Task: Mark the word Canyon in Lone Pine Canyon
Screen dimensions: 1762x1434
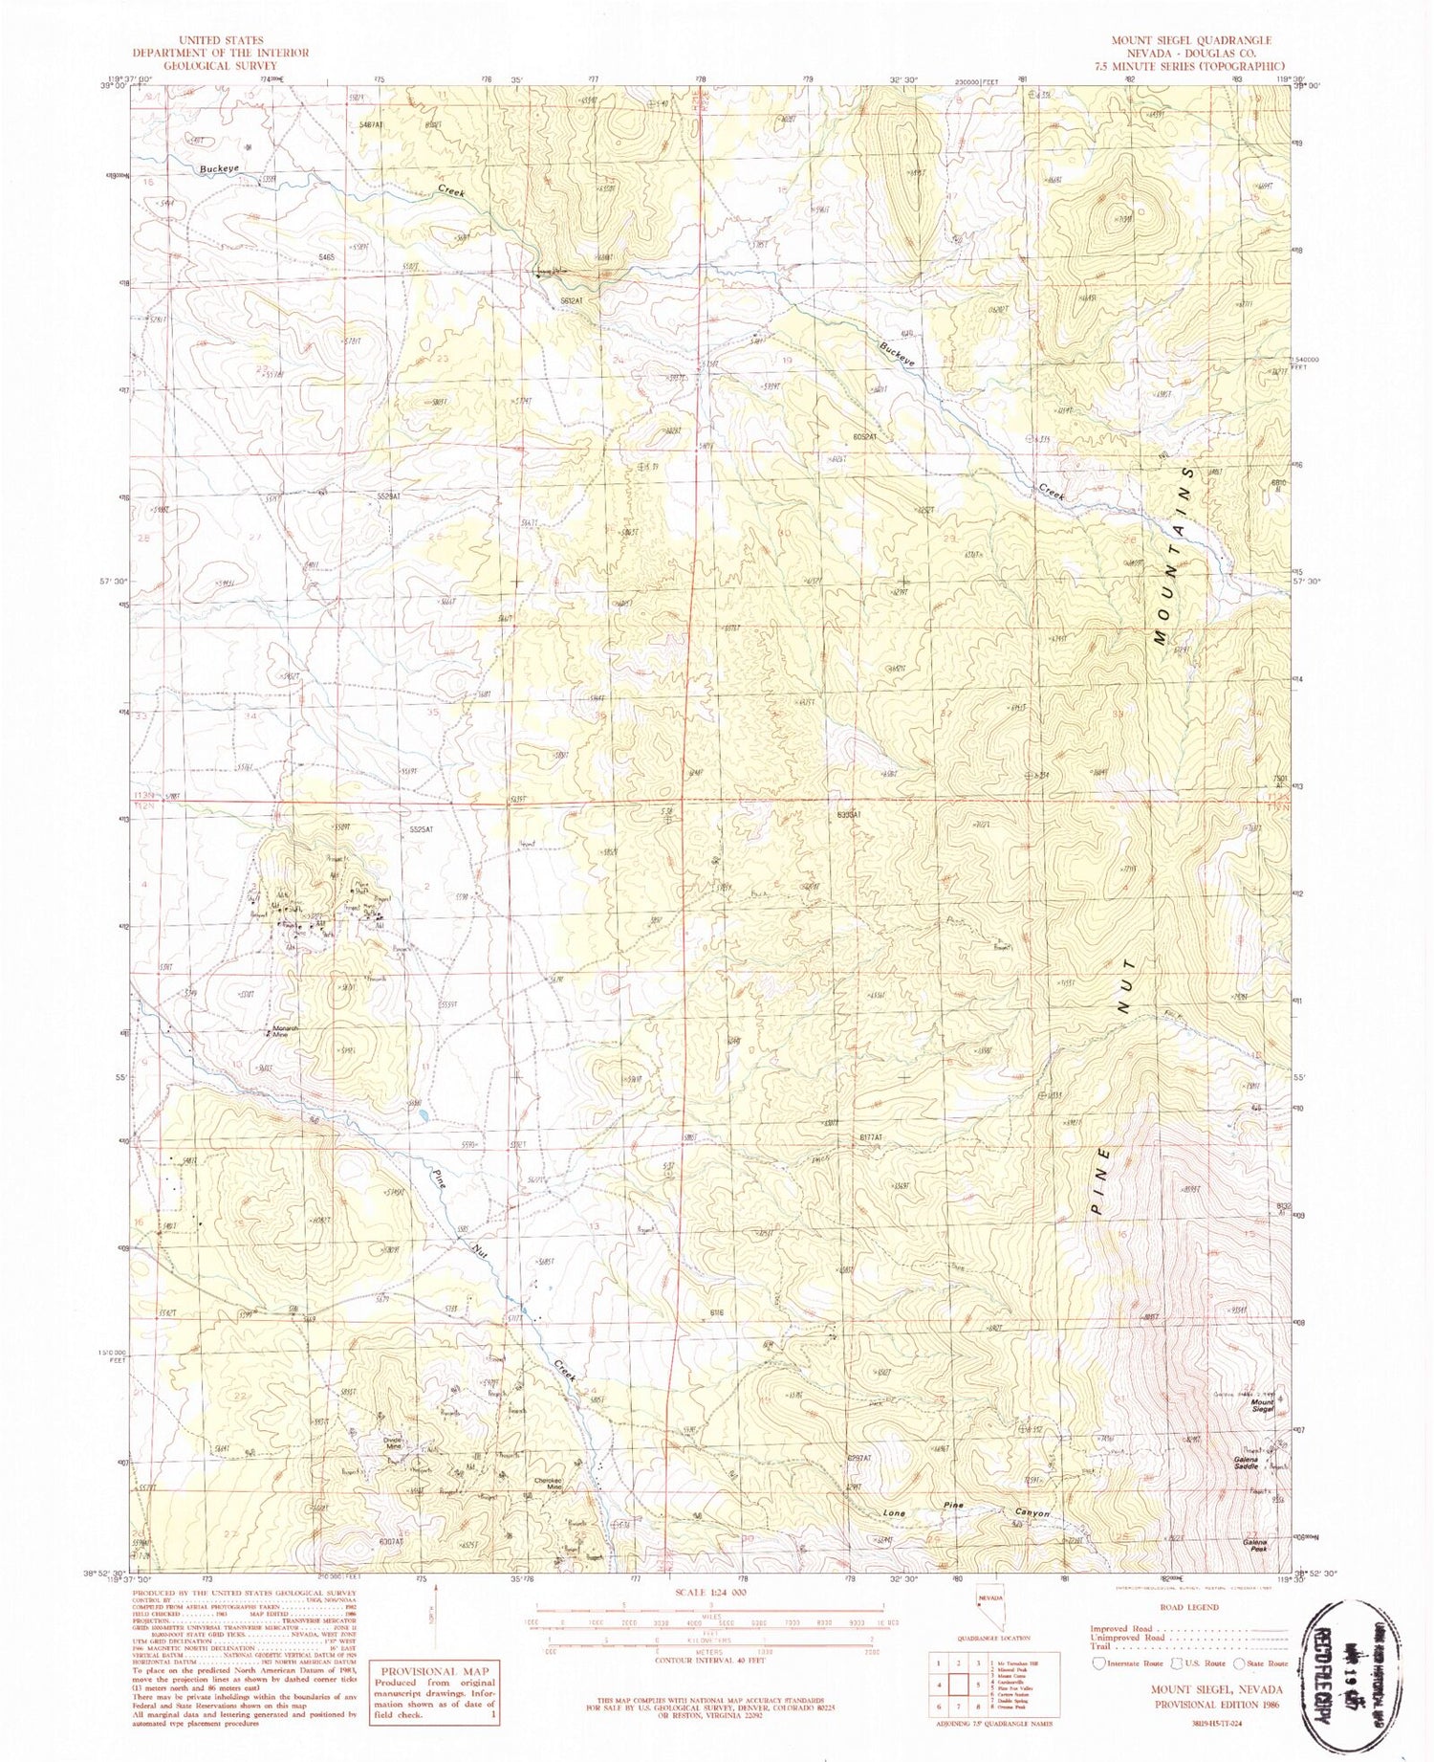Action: (1033, 1514)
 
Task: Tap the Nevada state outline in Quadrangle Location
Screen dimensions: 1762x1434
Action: (989, 1608)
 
